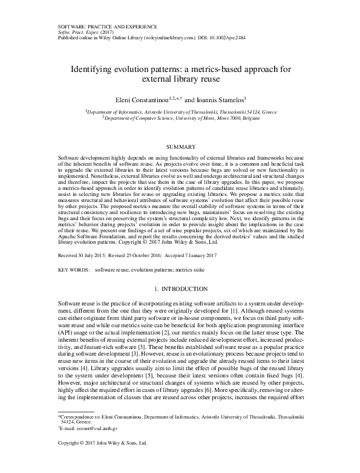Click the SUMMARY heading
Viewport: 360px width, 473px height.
pos(179,147)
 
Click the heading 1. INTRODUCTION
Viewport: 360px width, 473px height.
pos(180,290)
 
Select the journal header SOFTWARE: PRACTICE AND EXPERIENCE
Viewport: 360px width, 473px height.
pos(106,27)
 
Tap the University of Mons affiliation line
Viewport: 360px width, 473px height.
pos(180,119)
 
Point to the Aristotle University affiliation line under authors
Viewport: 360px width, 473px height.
pos(180,112)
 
